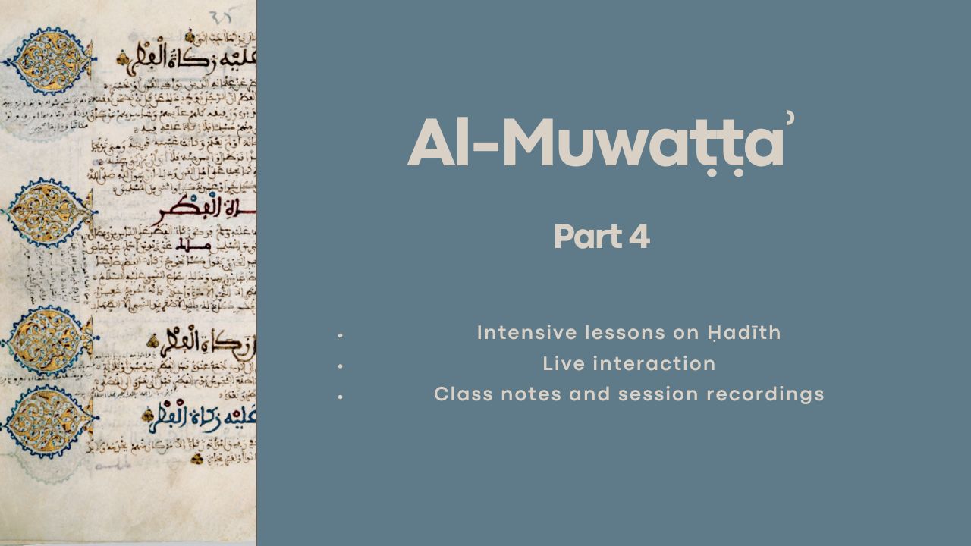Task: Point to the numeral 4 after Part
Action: (x=639, y=237)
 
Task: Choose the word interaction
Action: (x=655, y=364)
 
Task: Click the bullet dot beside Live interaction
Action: (x=341, y=366)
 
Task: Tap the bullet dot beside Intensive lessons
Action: (x=341, y=334)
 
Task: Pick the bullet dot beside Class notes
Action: (x=341, y=396)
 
